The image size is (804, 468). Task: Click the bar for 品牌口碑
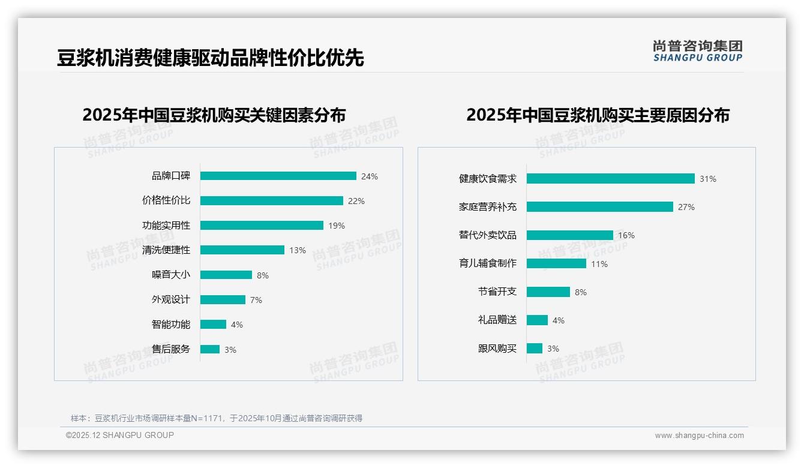click(x=278, y=176)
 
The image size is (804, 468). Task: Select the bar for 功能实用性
click(x=262, y=226)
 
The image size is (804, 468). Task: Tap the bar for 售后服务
click(x=210, y=349)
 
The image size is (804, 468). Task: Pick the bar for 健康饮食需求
click(x=610, y=179)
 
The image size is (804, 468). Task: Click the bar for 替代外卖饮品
click(x=569, y=235)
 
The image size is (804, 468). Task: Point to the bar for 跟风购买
click(x=535, y=349)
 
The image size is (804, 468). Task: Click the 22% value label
click(x=356, y=201)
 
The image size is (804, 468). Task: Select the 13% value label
click(x=298, y=250)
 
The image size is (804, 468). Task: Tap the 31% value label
click(x=708, y=179)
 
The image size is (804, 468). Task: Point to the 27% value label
click(x=686, y=207)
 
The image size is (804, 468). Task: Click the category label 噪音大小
click(x=170, y=275)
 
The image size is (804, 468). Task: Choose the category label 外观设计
click(x=170, y=299)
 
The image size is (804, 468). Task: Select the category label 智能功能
click(x=170, y=325)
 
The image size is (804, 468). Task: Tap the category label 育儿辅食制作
click(x=487, y=263)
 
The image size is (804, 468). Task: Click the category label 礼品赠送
click(x=497, y=320)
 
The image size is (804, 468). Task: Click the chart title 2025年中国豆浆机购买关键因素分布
click(x=214, y=115)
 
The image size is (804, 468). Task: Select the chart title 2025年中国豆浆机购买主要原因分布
click(x=598, y=115)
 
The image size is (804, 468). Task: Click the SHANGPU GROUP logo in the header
click(x=697, y=51)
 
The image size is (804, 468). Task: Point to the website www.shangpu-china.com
click(x=699, y=436)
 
